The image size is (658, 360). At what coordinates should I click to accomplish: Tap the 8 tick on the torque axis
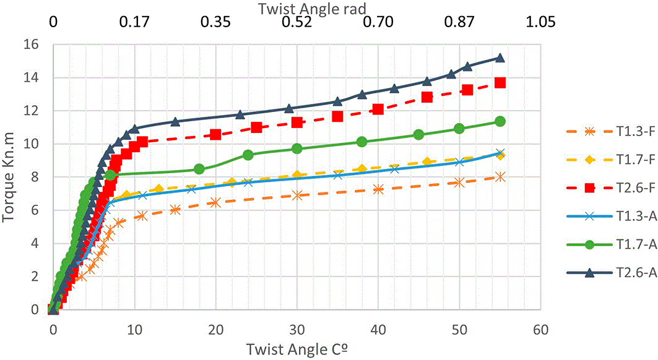pyautogui.click(x=34, y=177)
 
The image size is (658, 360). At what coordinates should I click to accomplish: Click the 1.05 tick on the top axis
pyautogui.click(x=540, y=22)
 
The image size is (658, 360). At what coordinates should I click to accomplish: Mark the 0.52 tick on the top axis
pyautogui.click(x=297, y=22)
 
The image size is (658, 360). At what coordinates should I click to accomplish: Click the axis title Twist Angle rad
pyautogui.click(x=312, y=9)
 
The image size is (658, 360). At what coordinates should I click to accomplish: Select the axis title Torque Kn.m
pyautogui.click(x=9, y=177)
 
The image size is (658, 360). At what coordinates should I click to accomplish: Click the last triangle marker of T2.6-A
pyautogui.click(x=500, y=58)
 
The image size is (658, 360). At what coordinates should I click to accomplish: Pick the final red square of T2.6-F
pyautogui.click(x=500, y=83)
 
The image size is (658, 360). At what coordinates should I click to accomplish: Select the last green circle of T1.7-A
pyautogui.click(x=500, y=121)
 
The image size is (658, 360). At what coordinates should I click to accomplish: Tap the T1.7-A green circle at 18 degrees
pyautogui.click(x=199, y=169)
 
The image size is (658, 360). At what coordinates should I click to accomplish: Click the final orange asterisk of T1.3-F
pyautogui.click(x=500, y=177)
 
